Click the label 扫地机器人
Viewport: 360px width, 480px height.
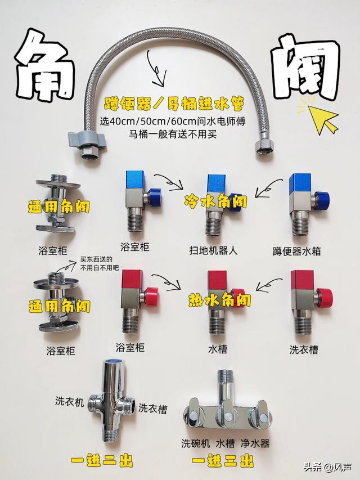213,251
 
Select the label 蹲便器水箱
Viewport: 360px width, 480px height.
296,252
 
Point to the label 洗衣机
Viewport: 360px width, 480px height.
70,401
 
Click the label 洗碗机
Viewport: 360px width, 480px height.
195,443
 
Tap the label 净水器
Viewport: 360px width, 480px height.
255,443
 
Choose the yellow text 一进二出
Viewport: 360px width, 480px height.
102,461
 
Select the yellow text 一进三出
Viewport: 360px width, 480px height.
223,461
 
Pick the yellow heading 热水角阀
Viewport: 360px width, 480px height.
219,300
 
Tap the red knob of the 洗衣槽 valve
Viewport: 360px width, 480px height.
324,297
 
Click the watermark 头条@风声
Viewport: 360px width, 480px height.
327,467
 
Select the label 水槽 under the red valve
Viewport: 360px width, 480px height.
217,349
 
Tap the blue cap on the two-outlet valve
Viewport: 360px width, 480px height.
115,361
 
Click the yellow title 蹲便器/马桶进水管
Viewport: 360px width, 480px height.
174,105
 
